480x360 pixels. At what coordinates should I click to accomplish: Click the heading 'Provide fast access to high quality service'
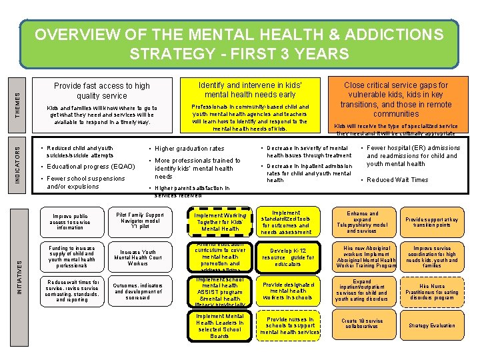click(102, 91)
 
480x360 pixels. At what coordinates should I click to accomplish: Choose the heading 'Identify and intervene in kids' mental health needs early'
click(251, 90)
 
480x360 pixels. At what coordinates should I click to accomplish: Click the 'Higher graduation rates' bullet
click(189, 149)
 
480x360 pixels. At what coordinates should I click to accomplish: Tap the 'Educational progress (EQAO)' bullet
click(91, 166)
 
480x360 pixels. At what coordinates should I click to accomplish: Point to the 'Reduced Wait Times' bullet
click(397, 180)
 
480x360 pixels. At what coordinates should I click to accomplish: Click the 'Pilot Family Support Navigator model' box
click(139, 222)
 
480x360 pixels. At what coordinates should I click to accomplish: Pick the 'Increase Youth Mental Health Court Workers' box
click(139, 258)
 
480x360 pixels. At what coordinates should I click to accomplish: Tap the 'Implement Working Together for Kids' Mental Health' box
click(220, 223)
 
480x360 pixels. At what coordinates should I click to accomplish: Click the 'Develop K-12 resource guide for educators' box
click(287, 257)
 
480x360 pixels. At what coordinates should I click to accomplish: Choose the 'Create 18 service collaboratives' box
click(362, 324)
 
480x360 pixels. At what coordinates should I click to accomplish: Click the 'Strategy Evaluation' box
click(432, 326)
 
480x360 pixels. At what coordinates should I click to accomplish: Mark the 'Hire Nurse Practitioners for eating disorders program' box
click(432, 291)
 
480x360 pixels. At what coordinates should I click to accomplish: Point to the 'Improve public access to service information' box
click(71, 222)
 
